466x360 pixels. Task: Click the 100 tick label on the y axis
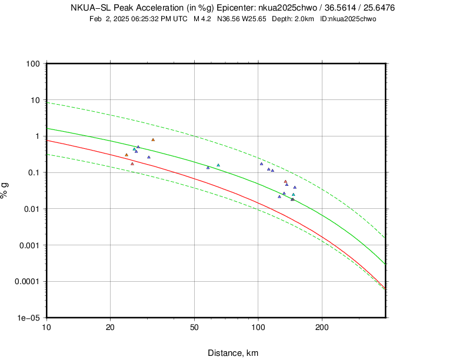(x=32, y=64)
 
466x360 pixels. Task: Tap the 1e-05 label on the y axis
(x=29, y=318)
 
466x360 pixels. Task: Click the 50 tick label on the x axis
(x=194, y=327)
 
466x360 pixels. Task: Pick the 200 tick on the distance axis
(x=321, y=327)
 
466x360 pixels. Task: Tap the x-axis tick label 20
(x=110, y=327)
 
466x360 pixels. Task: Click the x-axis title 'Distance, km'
(x=233, y=353)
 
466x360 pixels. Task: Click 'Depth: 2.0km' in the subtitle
(x=295, y=19)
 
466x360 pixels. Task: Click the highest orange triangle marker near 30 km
(x=153, y=140)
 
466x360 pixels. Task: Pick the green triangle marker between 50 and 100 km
(x=218, y=165)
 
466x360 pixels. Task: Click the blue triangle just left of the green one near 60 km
(x=208, y=168)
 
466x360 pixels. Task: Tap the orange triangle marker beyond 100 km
(x=285, y=182)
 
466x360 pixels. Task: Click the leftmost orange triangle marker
(x=127, y=155)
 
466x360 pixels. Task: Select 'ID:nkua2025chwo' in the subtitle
(x=348, y=19)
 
